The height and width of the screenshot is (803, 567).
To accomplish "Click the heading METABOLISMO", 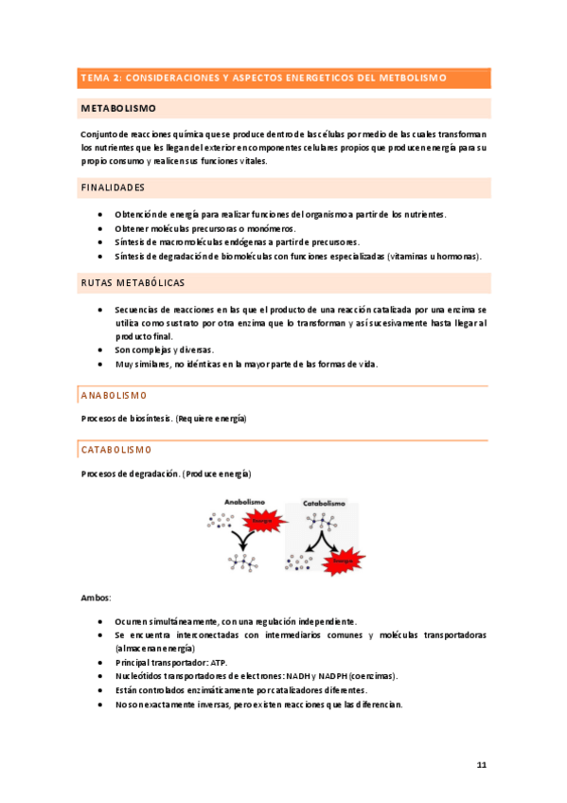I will click(118, 109).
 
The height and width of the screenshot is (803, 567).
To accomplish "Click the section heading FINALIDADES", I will click(113, 187).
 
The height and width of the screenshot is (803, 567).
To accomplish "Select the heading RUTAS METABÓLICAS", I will click(133, 283).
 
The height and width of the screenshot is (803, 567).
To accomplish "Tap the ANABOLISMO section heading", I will click(113, 395).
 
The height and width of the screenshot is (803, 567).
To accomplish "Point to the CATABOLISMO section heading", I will click(116, 449).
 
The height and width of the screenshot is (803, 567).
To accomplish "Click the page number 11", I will click(482, 764).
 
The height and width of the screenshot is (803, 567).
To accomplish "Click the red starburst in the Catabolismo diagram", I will click(342, 561).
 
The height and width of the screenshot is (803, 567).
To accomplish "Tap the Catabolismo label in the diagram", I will click(324, 503).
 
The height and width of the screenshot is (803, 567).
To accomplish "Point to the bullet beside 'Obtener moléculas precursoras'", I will click(101, 228).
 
